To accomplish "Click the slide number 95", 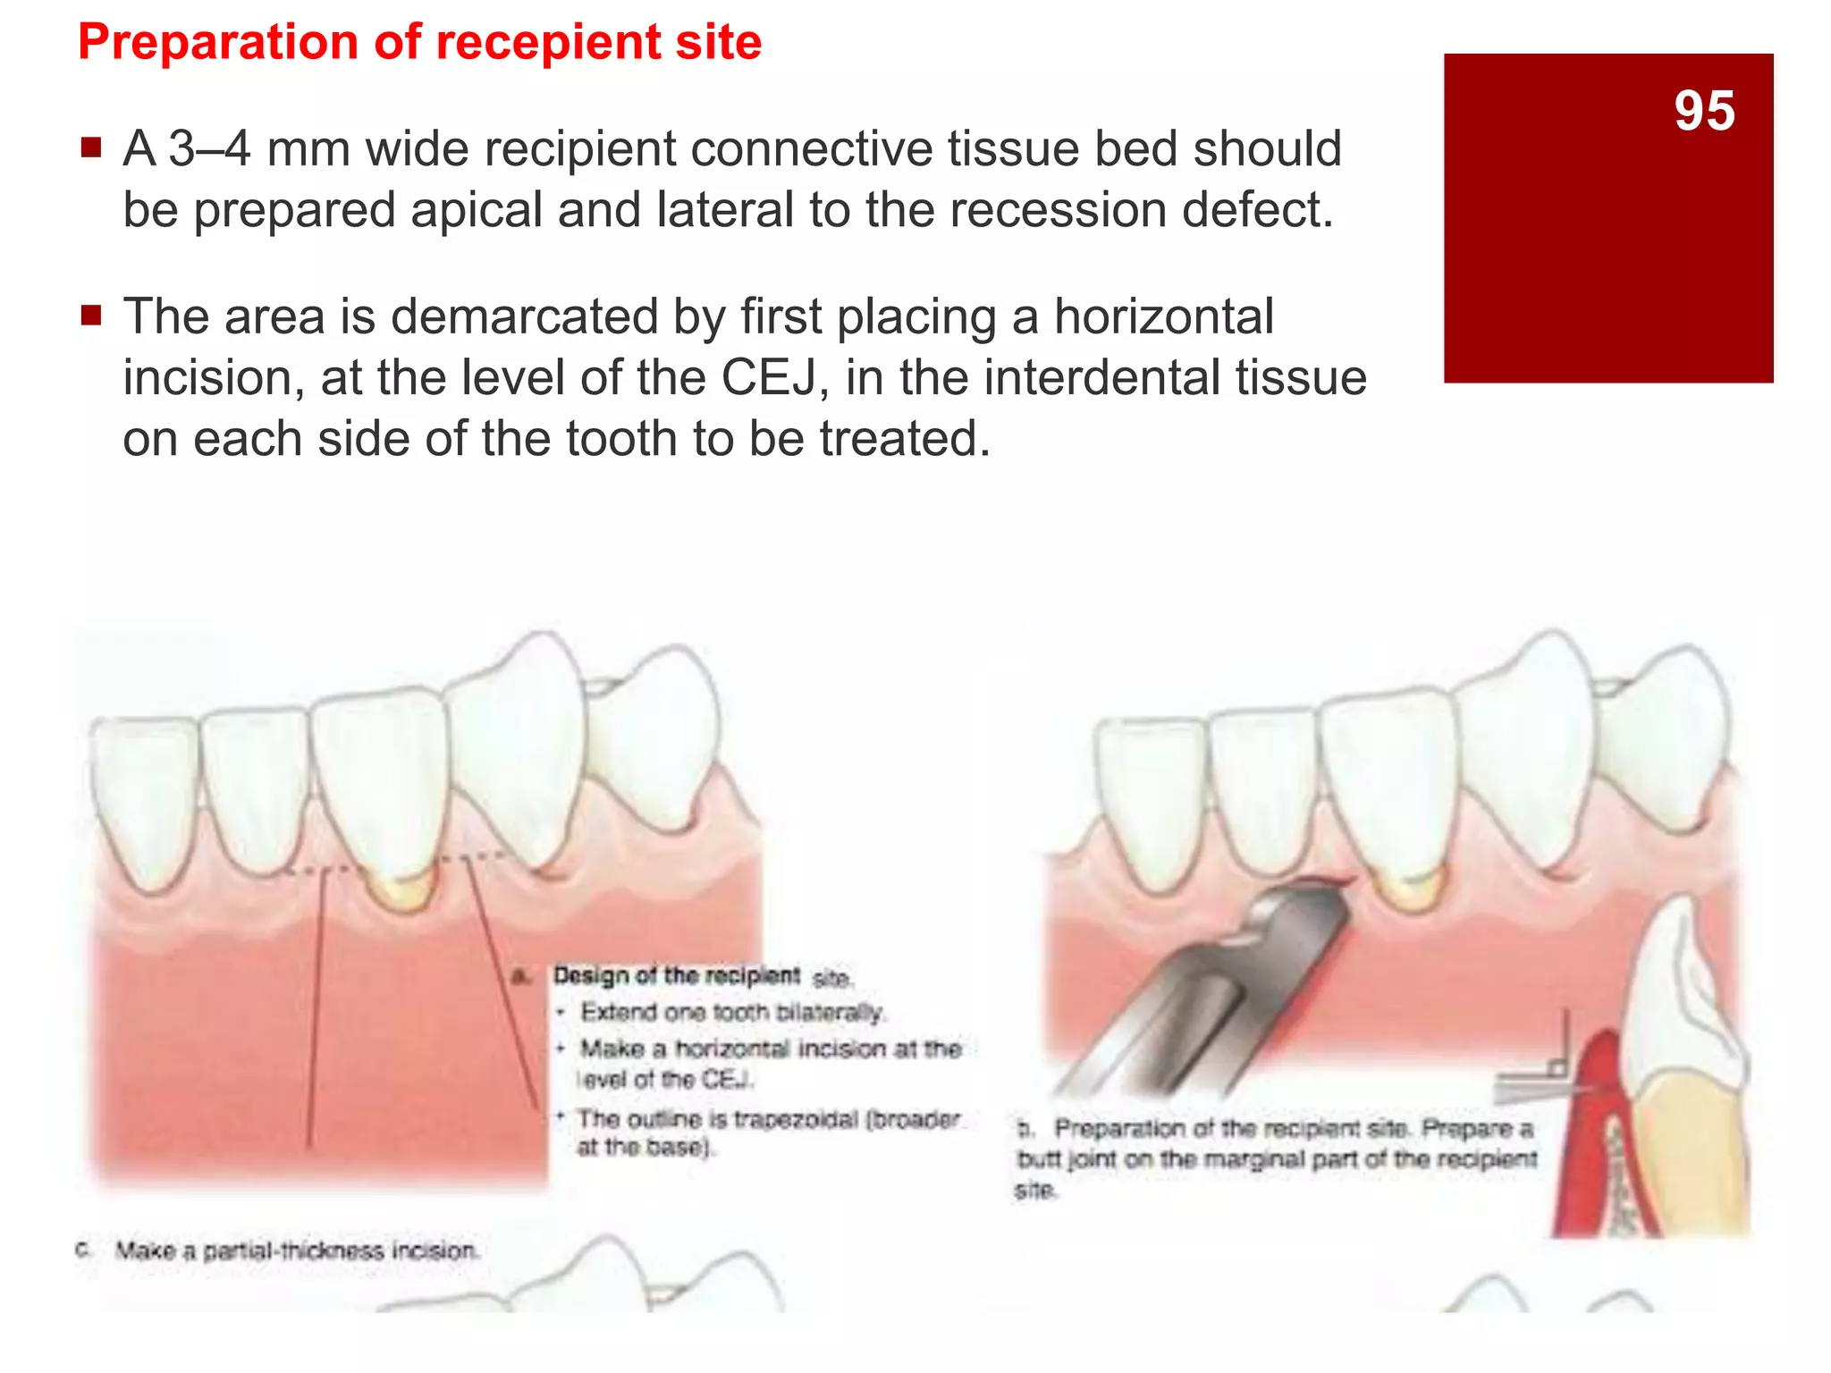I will (1704, 112).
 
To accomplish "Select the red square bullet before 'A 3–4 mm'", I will (90, 147).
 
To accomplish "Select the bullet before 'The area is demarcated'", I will (90, 315).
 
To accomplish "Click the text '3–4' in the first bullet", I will (209, 148).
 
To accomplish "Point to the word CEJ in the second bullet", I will (768, 377).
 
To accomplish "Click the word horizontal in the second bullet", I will (1162, 316).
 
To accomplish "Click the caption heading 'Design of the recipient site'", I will (703, 976).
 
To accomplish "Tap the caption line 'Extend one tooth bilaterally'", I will (730, 1012).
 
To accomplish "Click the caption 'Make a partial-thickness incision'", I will (297, 1250).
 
